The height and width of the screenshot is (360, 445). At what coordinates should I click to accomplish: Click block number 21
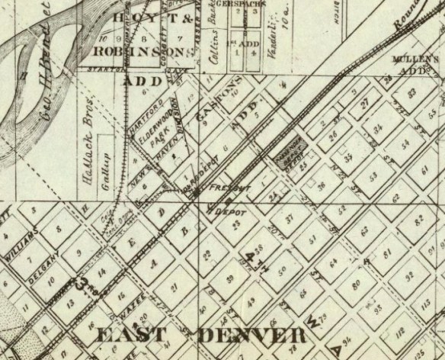click(174, 287)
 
